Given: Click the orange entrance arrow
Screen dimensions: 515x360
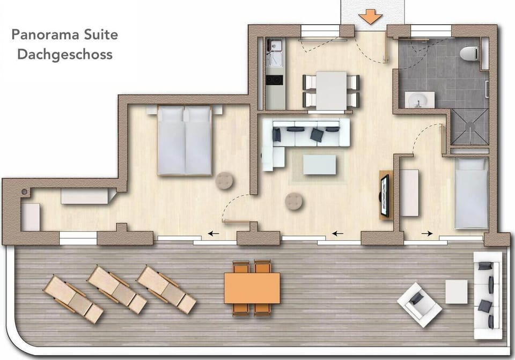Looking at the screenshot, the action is coord(371,17).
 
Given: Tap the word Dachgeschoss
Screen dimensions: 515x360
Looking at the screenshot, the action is coord(65,55).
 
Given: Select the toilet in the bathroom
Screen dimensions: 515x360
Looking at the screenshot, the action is coord(469,53).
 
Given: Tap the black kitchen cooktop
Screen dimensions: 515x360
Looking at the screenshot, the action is coord(274,80).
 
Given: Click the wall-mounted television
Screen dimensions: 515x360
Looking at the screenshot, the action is coord(385,196).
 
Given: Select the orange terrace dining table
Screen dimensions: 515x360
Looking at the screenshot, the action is coord(252,288).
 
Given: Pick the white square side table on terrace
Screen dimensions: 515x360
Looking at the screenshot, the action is coord(456,291).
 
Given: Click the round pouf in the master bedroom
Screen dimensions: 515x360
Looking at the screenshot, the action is coord(225,181).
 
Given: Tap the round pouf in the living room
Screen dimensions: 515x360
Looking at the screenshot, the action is coord(295,201).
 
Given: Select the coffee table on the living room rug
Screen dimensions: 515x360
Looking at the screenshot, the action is coord(320,165).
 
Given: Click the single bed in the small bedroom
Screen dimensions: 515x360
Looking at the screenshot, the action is coord(471,193).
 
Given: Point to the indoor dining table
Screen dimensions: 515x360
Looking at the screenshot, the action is coord(331,90).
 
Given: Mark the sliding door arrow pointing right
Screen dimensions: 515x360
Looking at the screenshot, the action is coord(427,233).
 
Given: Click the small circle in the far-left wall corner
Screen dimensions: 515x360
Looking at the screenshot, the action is coord(24,192).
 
